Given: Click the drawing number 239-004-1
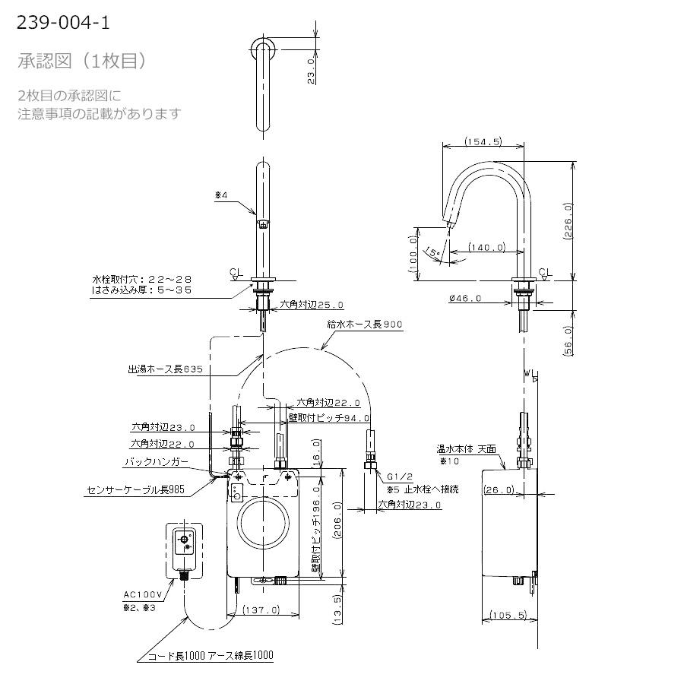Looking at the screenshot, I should (63, 23).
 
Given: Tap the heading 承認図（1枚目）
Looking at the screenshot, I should (81, 61).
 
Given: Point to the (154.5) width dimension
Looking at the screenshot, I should (483, 141).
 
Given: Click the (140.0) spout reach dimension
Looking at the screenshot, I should (486, 247).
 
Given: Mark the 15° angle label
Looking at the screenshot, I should (433, 252).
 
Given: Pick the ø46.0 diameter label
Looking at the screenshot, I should (465, 299).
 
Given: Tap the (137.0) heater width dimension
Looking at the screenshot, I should (263, 610).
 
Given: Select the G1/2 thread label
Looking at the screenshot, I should (398, 477).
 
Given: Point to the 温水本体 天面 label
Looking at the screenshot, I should (466, 449).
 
